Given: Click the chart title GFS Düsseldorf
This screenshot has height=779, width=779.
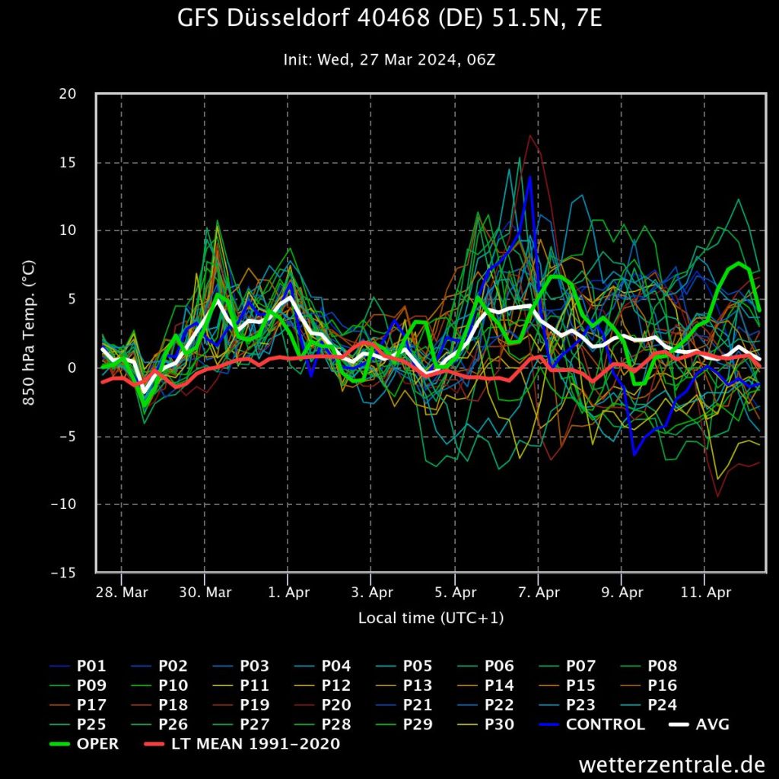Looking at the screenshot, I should click(x=389, y=19).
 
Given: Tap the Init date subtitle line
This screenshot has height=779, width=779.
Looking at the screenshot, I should click(x=389, y=59).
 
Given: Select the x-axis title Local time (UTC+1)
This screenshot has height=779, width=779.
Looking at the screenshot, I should click(x=431, y=618).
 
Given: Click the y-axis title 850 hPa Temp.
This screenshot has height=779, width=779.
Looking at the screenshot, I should click(x=30, y=332).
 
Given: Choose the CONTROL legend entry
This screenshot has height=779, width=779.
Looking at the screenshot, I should click(x=606, y=724).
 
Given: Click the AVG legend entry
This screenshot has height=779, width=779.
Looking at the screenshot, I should click(x=712, y=724).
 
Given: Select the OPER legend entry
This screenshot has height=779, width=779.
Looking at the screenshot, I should click(x=97, y=744).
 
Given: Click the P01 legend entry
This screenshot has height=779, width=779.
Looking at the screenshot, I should click(x=91, y=666).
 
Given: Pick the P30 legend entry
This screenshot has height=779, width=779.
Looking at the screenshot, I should click(x=498, y=724).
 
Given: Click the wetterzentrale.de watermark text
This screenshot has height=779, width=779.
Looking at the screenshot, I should click(x=671, y=763).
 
